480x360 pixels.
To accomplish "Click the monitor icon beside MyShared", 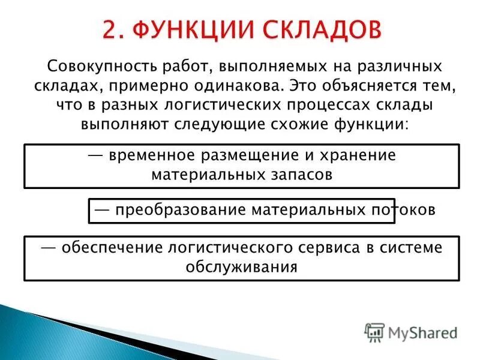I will tap(375, 332).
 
